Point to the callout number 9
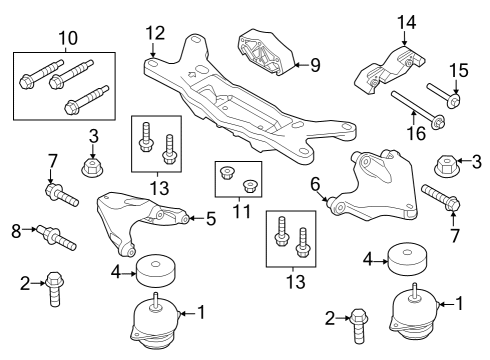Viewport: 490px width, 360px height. (314, 66)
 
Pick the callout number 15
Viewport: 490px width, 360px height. (457, 70)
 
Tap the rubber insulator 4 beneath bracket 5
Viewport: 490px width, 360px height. (154, 269)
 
